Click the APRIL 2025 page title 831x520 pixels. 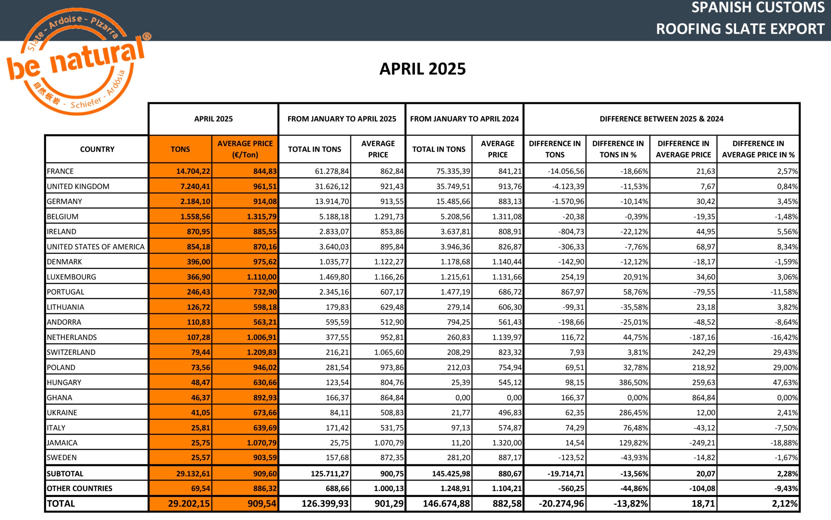point(422,69)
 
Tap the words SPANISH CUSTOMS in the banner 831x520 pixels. point(758,8)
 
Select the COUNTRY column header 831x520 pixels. point(97,149)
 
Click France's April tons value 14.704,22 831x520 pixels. point(193,171)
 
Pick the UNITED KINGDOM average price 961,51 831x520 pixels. point(265,186)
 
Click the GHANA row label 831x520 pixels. point(59,398)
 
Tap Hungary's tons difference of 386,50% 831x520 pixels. point(633,382)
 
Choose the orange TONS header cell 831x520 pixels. point(180,149)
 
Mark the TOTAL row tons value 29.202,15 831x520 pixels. point(189,504)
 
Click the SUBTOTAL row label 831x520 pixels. point(65,474)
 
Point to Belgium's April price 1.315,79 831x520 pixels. point(262,217)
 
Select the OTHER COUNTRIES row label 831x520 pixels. point(79,488)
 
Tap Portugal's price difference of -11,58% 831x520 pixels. point(784,292)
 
